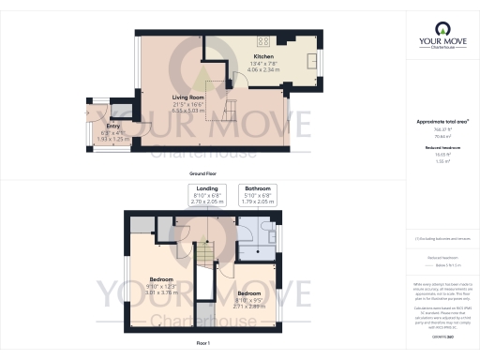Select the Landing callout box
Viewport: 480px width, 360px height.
click(x=208, y=194)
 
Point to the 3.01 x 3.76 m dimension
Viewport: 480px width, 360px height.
click(x=163, y=291)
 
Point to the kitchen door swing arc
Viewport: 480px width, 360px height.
click(x=240, y=80)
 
